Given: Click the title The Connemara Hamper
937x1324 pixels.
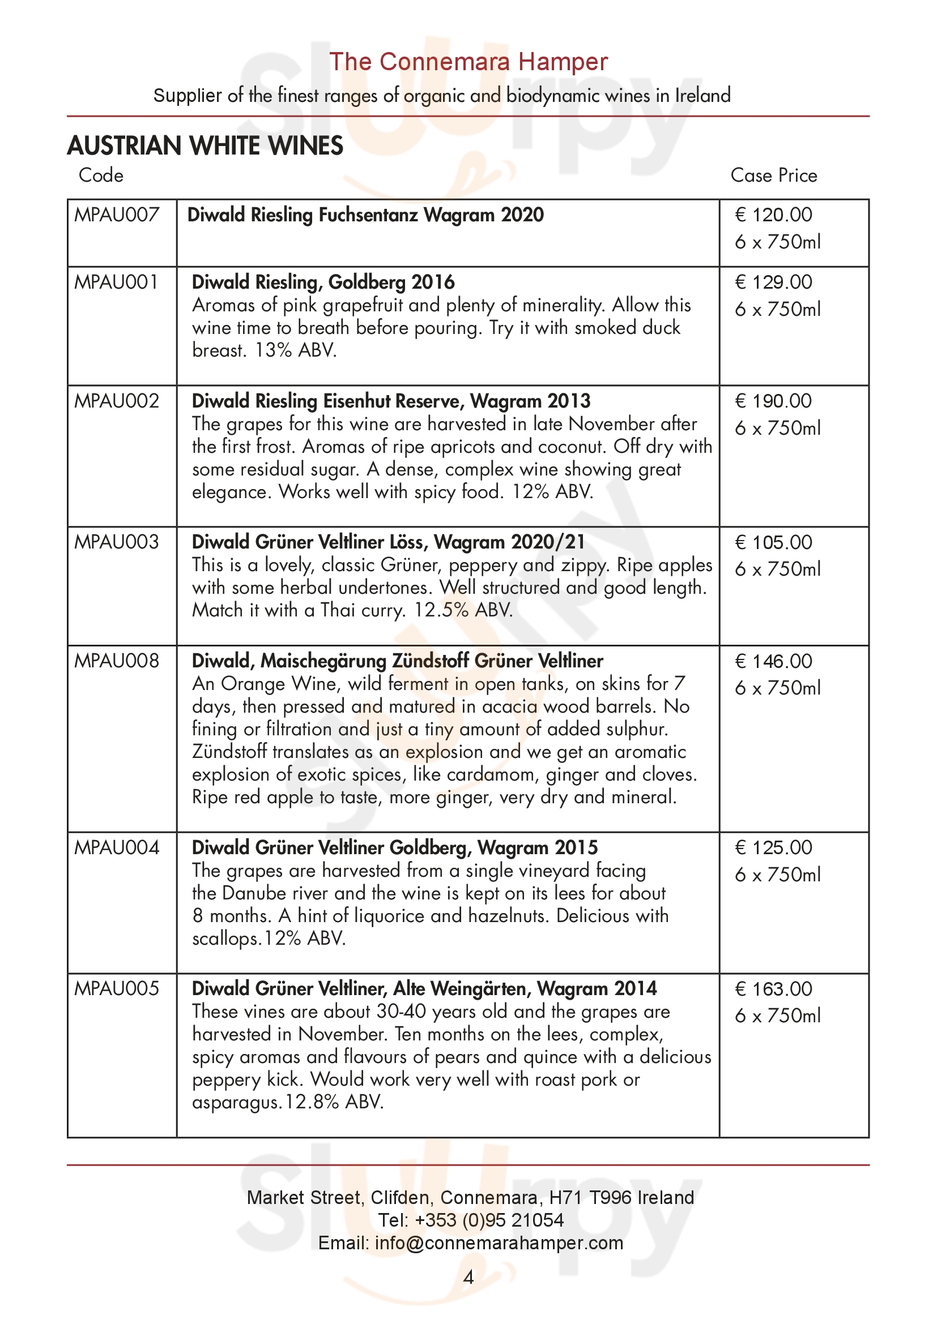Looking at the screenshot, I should coord(468,62).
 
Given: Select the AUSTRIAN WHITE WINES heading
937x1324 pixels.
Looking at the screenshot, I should coord(206,146).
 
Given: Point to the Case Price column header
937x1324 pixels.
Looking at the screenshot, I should coord(773,175).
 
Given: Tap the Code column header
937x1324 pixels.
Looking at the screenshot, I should coord(101,175).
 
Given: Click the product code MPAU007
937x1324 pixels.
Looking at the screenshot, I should coord(117,215).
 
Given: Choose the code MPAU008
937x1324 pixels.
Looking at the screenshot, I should coord(117,661).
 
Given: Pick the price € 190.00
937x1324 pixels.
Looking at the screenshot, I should coord(773,401).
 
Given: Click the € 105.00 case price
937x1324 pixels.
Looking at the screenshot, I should coord(773,543).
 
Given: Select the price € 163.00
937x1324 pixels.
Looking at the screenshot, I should coord(773,989).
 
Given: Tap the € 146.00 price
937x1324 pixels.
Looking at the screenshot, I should coord(773,661).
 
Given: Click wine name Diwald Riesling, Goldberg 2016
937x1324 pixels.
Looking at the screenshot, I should coord(323,282).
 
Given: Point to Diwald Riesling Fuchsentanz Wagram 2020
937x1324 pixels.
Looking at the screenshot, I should coord(365,215).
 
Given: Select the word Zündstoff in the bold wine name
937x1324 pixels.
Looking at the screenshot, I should coord(431,661).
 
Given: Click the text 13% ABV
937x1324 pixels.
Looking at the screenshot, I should coord(295,350).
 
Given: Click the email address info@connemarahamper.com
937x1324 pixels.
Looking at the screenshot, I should coord(499,1242).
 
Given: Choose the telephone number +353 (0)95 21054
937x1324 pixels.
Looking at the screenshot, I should coord(489,1220).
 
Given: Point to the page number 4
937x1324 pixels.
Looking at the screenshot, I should coord(468,1277).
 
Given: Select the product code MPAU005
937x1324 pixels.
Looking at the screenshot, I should coord(117,989).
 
